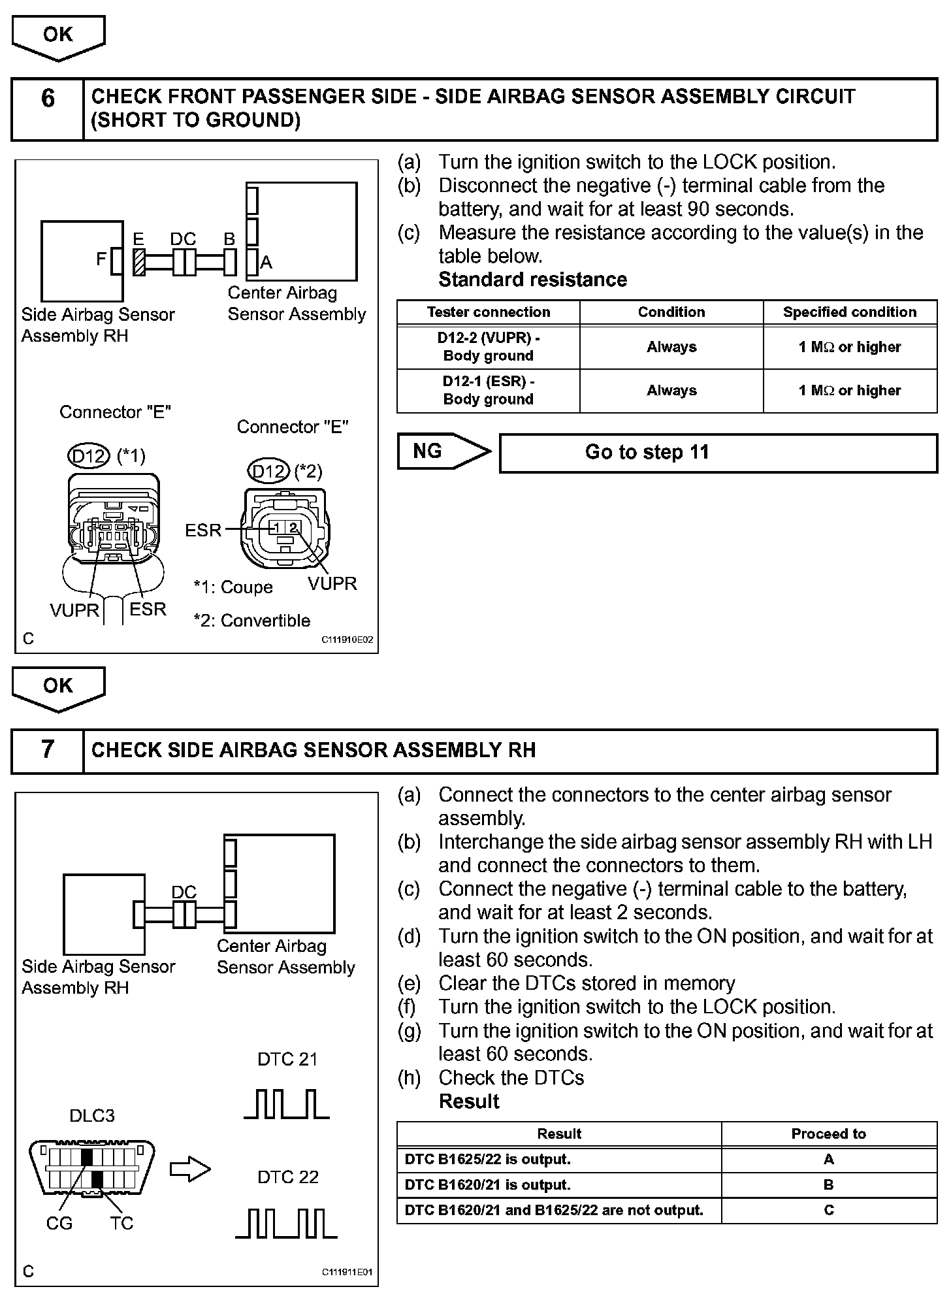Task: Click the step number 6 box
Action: point(48,109)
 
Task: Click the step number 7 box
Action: point(48,751)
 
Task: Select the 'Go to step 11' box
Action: point(718,453)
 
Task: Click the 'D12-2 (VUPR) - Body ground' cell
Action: point(488,347)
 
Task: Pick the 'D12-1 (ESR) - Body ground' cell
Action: point(488,391)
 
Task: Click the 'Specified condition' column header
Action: point(850,312)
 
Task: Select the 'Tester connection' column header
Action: point(488,312)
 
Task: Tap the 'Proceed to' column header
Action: point(828,1133)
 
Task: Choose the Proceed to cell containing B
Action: point(828,1184)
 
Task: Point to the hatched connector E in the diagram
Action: point(138,263)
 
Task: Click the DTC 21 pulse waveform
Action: point(287,1103)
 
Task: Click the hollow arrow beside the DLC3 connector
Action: point(190,1169)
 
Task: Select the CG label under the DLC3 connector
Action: point(59,1223)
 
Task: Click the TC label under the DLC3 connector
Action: point(121,1223)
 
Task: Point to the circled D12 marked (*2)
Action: point(269,471)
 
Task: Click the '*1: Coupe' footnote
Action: point(233,587)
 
